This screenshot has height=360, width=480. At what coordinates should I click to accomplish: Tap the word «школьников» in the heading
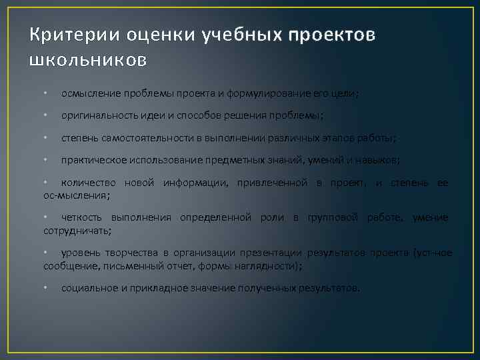coord(88,60)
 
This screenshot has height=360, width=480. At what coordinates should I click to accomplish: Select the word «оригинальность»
coord(95,115)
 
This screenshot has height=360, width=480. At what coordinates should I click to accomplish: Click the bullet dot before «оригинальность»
coord(45,115)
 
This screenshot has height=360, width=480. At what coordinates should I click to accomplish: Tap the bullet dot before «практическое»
coord(45,159)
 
